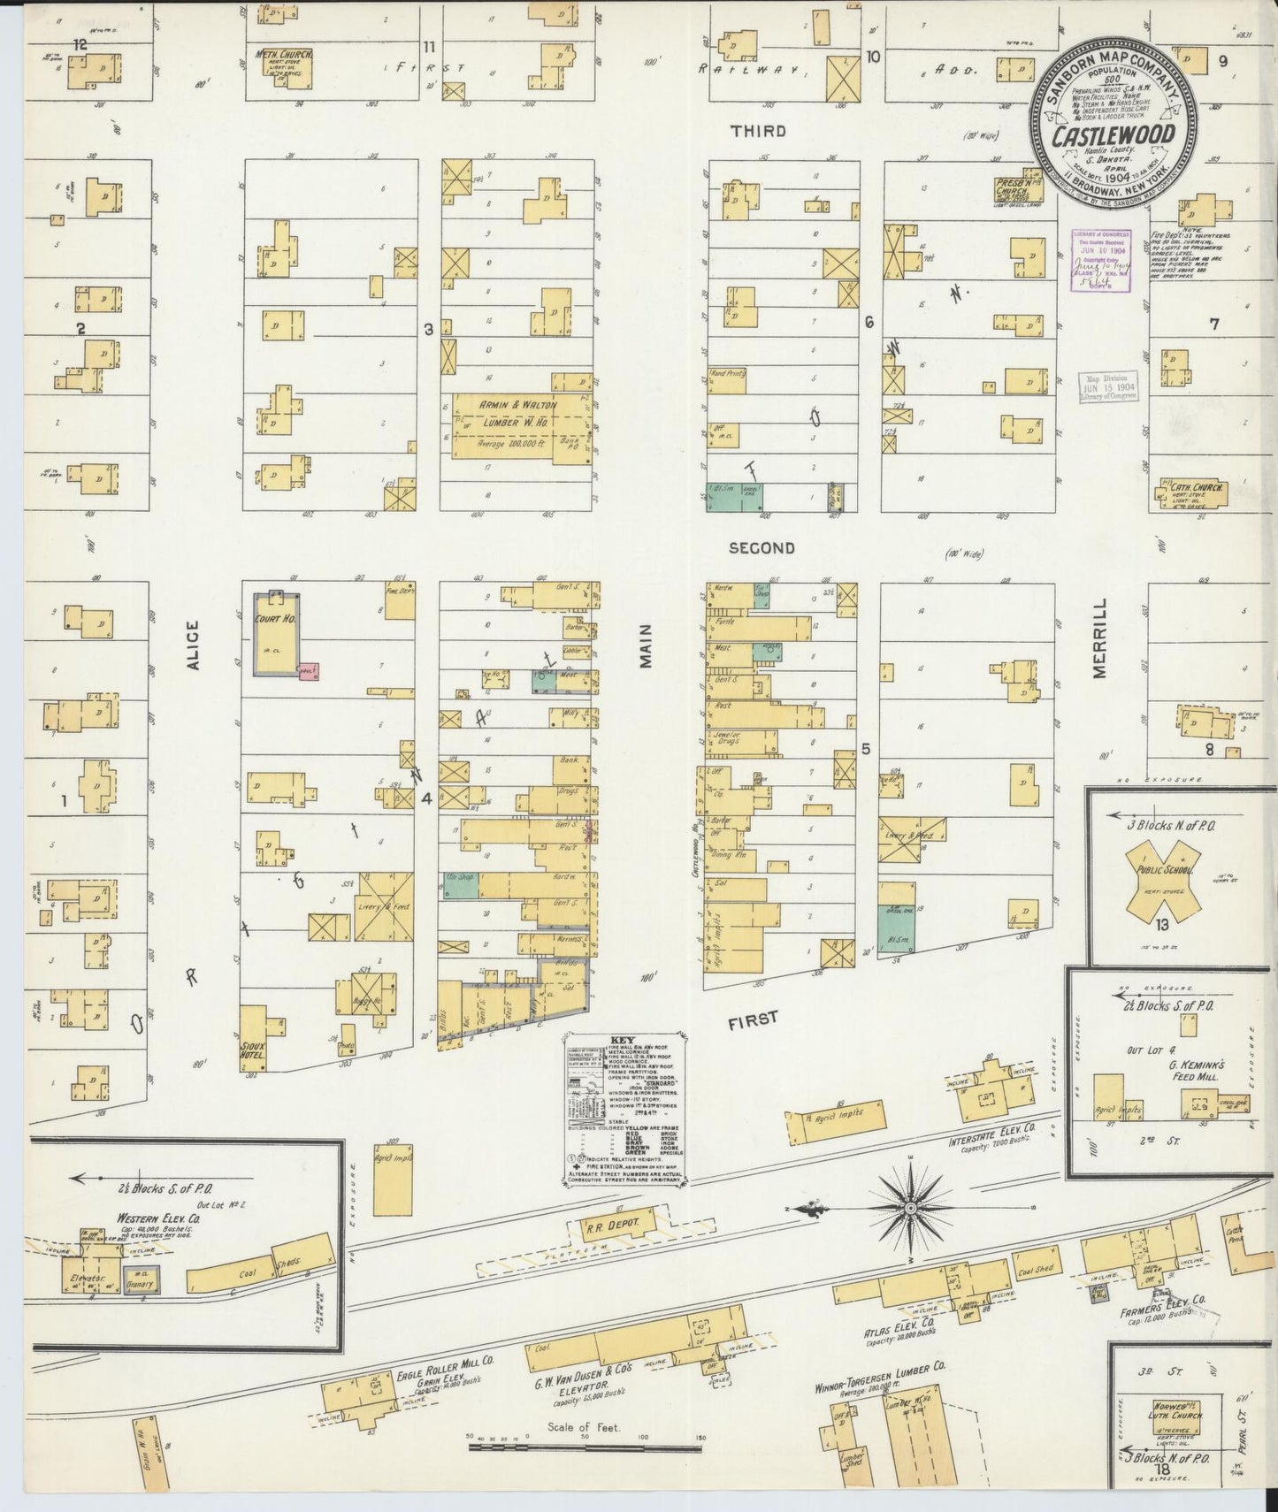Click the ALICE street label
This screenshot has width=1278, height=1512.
tap(194, 643)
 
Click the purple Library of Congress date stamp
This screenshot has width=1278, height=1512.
tap(1099, 256)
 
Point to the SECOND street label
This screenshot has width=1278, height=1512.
tap(761, 547)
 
